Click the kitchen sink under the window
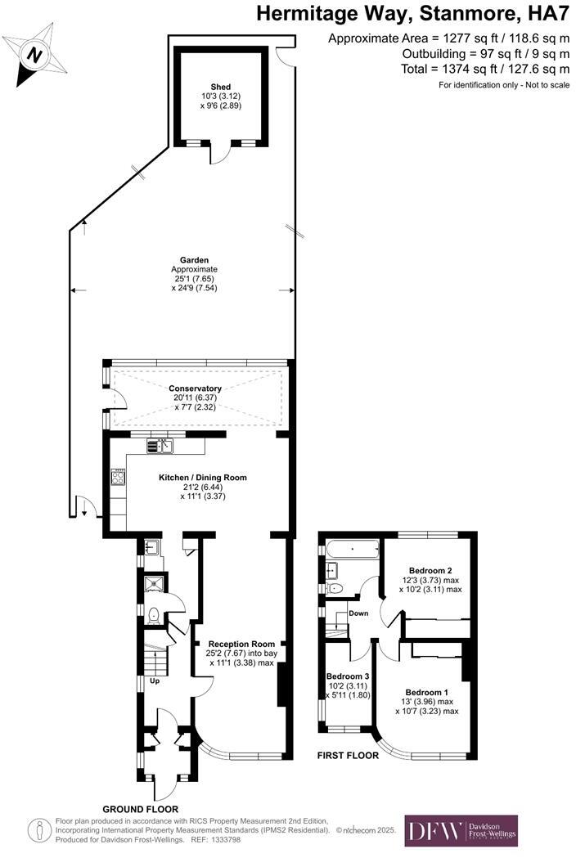pos(160,446)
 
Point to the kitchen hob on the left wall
pos(116,476)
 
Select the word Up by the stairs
pos(153,681)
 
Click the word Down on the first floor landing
pos(358,613)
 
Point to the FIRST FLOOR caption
pos(348,756)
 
